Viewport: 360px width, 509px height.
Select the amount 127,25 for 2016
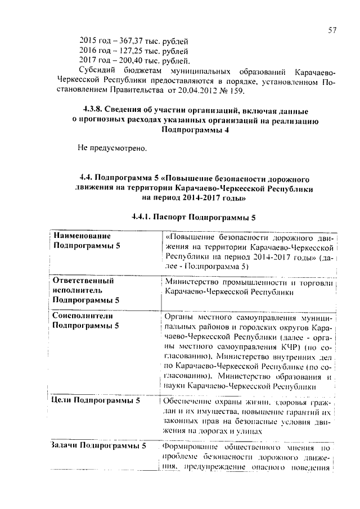pyautogui.click(x=123, y=51)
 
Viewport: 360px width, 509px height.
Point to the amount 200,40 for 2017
pyautogui.click(x=123, y=61)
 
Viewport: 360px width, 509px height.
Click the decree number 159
pyautogui.click(x=237, y=92)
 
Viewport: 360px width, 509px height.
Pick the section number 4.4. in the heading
pyautogui.click(x=89, y=178)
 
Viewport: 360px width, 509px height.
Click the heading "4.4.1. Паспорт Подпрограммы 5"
pyautogui.click(x=193, y=217)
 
